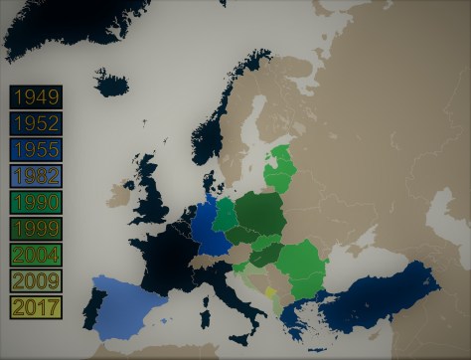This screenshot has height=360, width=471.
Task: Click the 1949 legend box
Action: [x=36, y=97]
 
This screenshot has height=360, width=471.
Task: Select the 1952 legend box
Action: [x=36, y=124]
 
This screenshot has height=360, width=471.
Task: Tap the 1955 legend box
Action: [x=36, y=150]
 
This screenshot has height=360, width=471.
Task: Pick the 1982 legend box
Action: [x=36, y=176]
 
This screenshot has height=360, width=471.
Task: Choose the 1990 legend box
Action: [x=36, y=202]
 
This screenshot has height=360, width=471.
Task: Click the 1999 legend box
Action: [x=36, y=228]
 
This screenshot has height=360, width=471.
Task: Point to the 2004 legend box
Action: [x=36, y=254]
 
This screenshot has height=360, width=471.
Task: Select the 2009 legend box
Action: [x=36, y=279]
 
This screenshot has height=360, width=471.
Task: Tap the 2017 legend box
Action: [x=36, y=305]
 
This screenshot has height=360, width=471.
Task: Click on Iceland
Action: [x=110, y=83]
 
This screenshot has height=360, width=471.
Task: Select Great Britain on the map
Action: [x=152, y=199]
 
